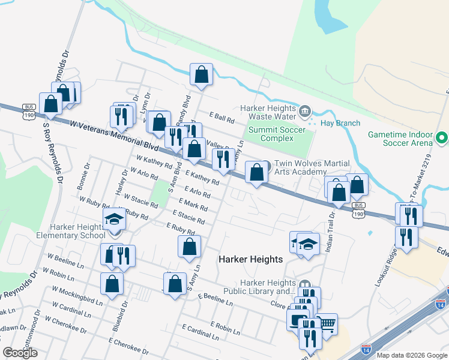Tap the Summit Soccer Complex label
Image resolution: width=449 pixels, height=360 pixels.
pos(277,134)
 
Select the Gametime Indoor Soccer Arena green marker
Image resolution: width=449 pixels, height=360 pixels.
pos(442,138)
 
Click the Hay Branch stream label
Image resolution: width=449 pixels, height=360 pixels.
pos(340,123)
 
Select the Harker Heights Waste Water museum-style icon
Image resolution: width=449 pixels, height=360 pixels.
pos(305,110)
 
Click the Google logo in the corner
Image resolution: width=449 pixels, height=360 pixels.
pos(20,353)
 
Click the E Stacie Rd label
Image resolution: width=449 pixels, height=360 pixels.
pos(188,217)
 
